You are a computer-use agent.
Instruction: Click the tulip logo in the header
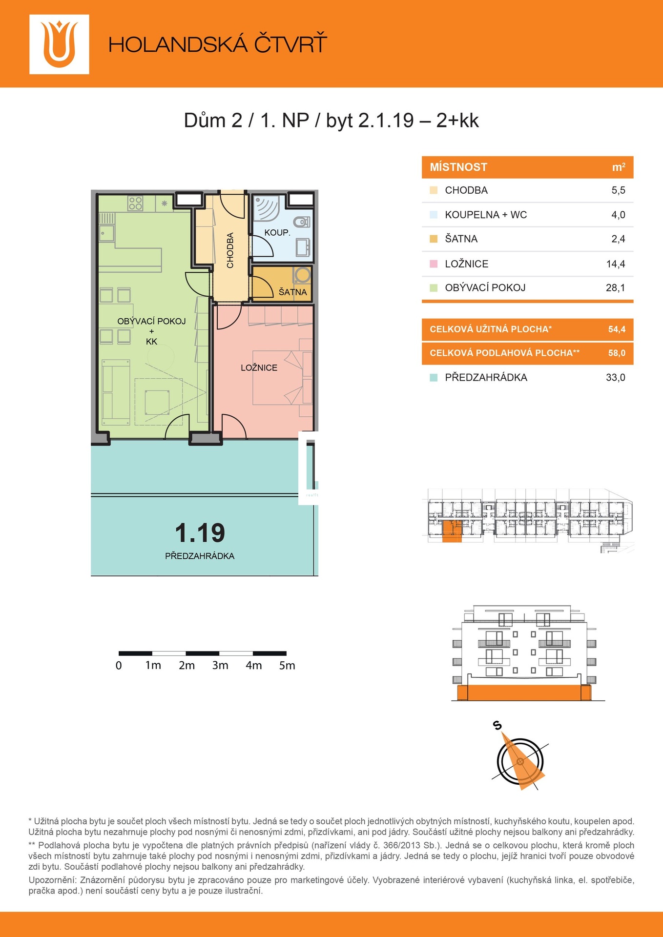[x=59, y=44]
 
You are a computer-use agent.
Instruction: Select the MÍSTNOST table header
[x=458, y=167]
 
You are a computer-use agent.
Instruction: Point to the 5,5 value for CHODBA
[x=618, y=190]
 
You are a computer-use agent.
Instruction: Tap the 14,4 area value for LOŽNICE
[x=616, y=264]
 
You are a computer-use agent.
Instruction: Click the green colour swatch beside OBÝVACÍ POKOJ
[x=434, y=288]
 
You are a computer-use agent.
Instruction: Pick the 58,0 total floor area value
[x=617, y=353]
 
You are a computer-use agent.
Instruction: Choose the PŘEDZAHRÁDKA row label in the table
[x=486, y=377]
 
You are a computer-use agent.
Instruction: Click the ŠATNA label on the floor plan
[x=292, y=292]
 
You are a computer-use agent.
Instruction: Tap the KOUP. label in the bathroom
[x=277, y=233]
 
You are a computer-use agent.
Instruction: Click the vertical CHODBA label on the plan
[x=230, y=250]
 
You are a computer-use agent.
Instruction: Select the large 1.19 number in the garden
[x=200, y=532]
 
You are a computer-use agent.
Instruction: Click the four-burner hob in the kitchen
[x=135, y=203]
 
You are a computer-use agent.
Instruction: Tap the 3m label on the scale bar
[x=220, y=665]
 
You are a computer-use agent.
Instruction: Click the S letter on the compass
[x=497, y=726]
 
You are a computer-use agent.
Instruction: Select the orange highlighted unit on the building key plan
[x=452, y=531]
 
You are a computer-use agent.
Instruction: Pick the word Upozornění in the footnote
[x=52, y=880]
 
